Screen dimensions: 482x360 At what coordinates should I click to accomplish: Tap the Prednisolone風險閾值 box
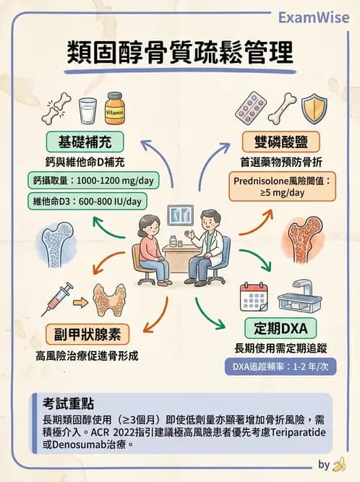282,186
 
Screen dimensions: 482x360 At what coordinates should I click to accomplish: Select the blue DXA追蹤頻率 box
281,366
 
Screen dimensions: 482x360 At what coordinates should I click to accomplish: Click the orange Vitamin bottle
115,108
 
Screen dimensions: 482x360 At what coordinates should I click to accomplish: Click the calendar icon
254,297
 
